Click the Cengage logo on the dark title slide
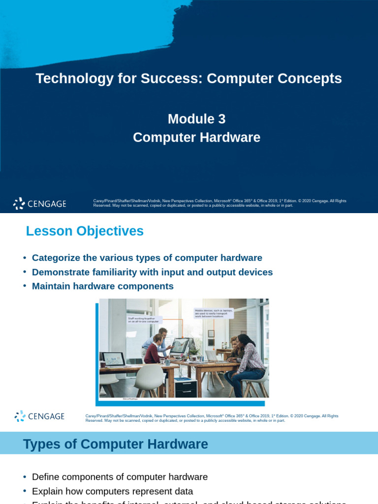click(39, 203)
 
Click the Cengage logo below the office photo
click(39, 416)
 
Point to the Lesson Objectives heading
click(85, 231)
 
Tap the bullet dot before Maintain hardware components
click(25, 286)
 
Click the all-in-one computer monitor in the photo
click(179, 346)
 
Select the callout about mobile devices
click(214, 314)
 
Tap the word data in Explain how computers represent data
click(183, 491)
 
